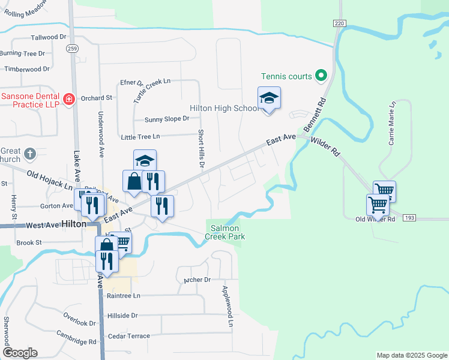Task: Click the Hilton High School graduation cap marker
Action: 269,98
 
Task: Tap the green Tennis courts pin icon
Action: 321,76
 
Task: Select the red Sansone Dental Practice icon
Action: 68,98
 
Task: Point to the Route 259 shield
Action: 71,49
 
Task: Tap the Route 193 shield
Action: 409,217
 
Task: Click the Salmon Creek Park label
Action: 225,232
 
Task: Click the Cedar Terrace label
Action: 129,336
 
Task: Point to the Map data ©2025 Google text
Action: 411,355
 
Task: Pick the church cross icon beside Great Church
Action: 30,155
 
